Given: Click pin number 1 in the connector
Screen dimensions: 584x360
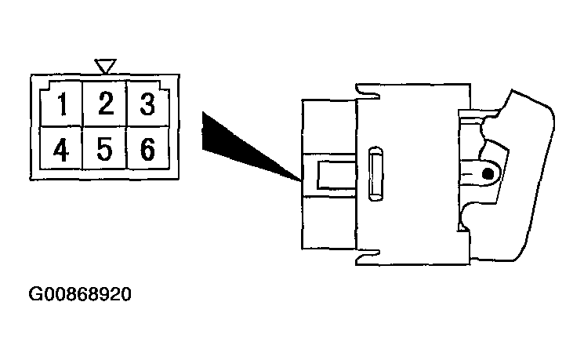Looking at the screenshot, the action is coord(62,104).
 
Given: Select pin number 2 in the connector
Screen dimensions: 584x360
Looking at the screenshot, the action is coord(106,103).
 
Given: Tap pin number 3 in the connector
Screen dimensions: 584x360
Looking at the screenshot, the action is coord(147,104).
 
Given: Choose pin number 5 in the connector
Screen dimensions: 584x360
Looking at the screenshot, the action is coord(105,149).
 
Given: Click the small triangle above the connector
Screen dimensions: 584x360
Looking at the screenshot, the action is coord(105,66).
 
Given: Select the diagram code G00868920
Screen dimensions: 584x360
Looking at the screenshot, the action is coord(80,294).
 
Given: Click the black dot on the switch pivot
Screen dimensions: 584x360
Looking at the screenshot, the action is coord(488,174).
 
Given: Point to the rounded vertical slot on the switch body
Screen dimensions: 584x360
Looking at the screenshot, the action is coord(375,173).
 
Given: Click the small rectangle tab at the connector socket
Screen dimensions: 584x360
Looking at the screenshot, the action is coord(336,175).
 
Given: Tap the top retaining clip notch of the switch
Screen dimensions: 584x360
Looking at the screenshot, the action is coord(368,92).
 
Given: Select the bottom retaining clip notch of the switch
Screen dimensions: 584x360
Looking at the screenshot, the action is coord(368,257).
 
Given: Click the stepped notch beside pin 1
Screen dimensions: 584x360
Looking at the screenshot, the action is coord(45,85).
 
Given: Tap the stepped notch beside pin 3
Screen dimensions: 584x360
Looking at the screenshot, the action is coord(165,85).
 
